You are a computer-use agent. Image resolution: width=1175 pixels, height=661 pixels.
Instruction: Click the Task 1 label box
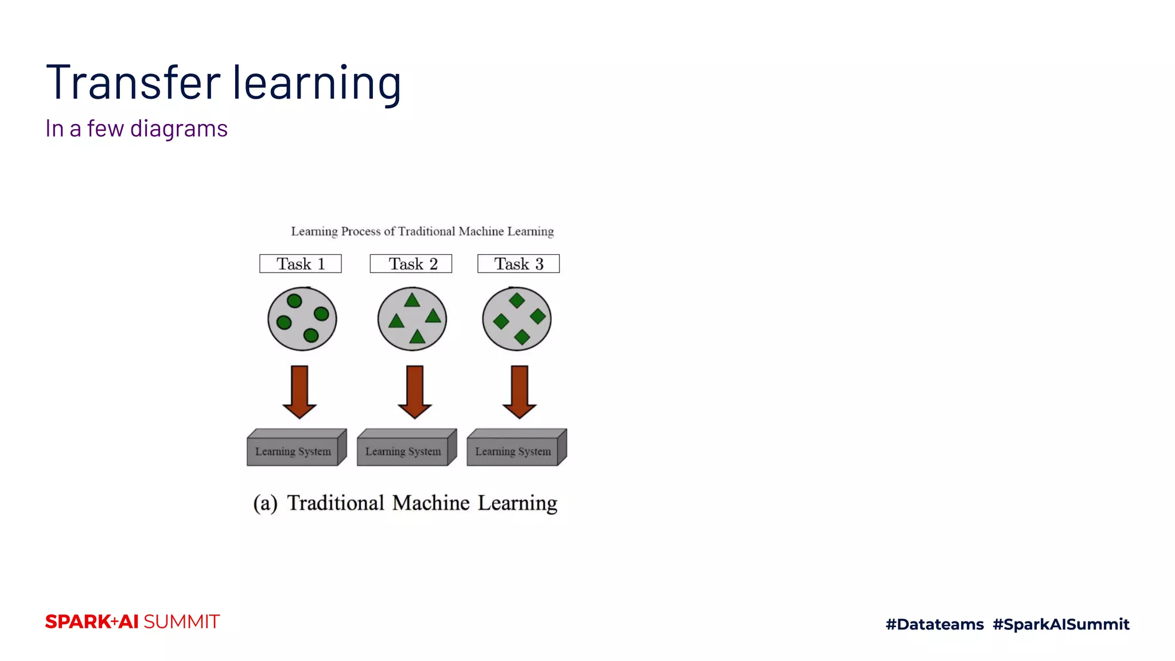click(x=300, y=263)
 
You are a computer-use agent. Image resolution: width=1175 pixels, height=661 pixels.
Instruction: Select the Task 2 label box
click(x=411, y=263)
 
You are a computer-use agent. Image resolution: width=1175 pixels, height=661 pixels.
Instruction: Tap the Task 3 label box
click(x=518, y=263)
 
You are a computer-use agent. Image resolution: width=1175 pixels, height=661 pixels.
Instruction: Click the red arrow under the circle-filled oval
click(x=299, y=391)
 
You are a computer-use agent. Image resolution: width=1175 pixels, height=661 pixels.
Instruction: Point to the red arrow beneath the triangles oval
click(x=414, y=391)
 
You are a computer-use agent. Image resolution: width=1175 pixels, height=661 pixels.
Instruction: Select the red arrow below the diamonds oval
click(x=519, y=391)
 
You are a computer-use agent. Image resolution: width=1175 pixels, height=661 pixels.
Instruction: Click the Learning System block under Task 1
click(x=293, y=451)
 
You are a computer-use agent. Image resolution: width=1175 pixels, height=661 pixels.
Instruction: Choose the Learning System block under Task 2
click(x=403, y=451)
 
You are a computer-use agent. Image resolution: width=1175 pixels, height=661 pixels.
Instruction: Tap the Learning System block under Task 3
click(x=513, y=451)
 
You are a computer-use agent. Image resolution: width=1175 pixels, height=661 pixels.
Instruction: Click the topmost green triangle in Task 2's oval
click(x=412, y=301)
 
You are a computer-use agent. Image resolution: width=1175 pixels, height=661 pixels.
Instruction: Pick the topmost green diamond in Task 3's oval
click(x=517, y=300)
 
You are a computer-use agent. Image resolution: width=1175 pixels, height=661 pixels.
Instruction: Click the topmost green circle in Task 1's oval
click(x=294, y=301)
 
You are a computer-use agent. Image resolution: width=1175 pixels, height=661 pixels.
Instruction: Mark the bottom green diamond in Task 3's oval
click(x=522, y=337)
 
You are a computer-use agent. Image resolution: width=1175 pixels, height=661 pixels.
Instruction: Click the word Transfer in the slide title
click(x=133, y=83)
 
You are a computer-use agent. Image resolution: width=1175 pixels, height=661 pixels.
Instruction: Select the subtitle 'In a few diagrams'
click(x=137, y=129)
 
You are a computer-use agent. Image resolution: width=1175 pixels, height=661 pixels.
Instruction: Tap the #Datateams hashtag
click(x=935, y=624)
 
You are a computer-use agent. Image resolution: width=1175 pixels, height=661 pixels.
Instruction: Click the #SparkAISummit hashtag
click(x=1061, y=624)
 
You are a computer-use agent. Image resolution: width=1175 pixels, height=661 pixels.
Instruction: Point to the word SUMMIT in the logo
click(x=181, y=621)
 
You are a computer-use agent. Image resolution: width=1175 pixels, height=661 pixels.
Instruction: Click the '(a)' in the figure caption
click(x=265, y=503)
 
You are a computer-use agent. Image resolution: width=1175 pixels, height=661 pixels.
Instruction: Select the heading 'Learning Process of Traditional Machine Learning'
click(x=422, y=231)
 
